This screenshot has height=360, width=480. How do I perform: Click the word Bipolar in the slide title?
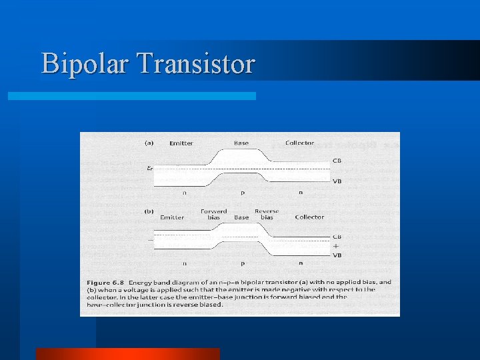(x=87, y=65)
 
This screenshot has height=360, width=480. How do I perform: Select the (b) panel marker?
(x=150, y=212)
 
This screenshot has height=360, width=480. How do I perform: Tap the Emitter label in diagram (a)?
(x=181, y=143)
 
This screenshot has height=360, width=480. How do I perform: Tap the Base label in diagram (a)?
(x=241, y=143)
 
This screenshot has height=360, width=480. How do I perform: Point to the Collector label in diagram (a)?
(x=299, y=143)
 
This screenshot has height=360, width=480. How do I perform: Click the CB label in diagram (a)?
(x=337, y=161)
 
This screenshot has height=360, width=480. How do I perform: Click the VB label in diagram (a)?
(x=337, y=181)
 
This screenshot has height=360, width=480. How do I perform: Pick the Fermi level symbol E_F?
(x=150, y=169)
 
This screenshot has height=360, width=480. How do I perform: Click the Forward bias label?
(x=213, y=215)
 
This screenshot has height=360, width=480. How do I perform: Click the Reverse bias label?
(x=267, y=215)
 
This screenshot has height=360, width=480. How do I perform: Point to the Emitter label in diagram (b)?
(x=172, y=217)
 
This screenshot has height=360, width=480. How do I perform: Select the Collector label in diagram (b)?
(x=309, y=217)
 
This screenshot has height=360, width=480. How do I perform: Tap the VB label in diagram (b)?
(x=337, y=255)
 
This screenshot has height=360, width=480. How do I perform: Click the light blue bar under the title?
(x=131, y=96)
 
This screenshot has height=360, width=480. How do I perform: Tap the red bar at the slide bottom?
(x=127, y=354)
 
